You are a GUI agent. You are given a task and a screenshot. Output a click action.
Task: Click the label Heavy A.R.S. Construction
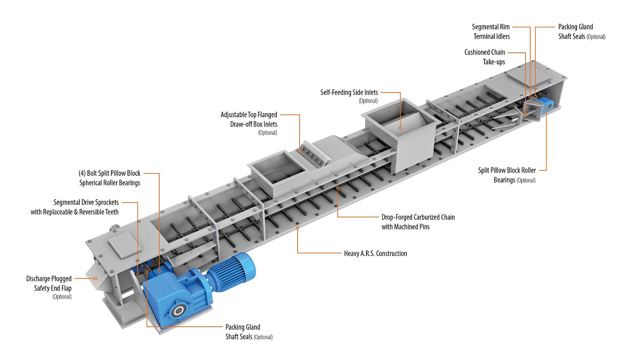pos(375,253)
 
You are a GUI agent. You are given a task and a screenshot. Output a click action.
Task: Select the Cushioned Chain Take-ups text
pos(485,57)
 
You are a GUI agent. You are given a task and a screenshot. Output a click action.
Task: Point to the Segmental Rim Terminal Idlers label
pos(491,32)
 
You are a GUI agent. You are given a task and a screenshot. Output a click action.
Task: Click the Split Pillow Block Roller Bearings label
pos(507,175)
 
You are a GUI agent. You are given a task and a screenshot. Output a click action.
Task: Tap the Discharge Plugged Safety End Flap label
pos(49,284)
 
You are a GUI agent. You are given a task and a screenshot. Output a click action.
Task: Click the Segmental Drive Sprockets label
pos(75,207)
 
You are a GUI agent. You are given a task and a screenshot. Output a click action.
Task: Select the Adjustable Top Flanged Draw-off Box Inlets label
pos(249,119)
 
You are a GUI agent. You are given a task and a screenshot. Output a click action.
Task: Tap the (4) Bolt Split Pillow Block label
pos(110,178)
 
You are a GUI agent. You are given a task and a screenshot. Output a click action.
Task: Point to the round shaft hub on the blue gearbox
pos(179,312)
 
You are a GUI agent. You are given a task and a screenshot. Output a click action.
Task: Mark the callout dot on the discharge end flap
pos(96,278)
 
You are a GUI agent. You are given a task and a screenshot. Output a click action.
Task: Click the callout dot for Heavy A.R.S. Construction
pos(297,229)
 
